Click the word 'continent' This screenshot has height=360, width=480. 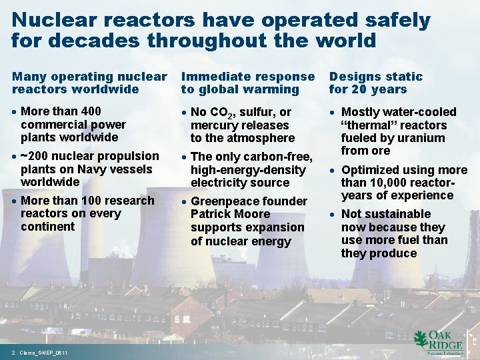pos(48,227)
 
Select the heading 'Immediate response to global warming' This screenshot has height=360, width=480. pos(247,83)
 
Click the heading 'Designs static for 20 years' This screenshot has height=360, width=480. pos(376,83)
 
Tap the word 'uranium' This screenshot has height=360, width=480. pos(422,138)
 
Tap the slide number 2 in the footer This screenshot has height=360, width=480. pos(13,352)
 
